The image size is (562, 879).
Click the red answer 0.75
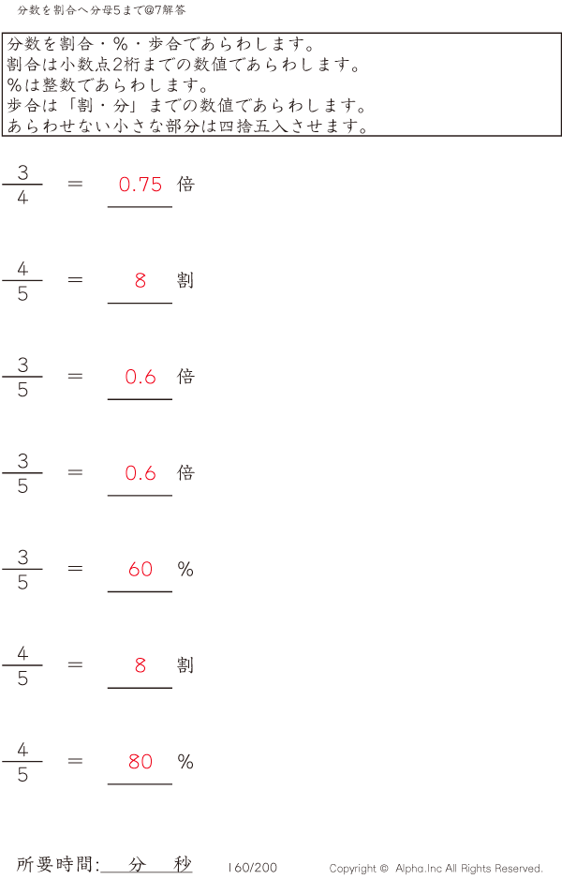(x=140, y=185)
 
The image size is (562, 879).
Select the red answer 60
(x=140, y=569)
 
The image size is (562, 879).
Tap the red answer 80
(x=140, y=761)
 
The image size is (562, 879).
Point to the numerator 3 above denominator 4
(x=22, y=172)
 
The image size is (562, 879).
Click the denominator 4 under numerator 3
(x=22, y=198)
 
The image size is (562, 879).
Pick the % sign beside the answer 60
(x=185, y=569)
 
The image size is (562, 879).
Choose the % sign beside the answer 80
(x=185, y=761)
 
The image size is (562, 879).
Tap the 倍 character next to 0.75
(x=185, y=185)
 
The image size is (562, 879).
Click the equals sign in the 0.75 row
(x=76, y=185)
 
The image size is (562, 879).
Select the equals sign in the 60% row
(x=76, y=569)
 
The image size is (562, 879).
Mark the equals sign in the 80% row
(x=76, y=761)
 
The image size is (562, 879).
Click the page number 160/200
(x=253, y=868)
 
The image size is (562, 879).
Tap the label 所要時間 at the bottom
(x=55, y=865)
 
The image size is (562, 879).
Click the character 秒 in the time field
(x=182, y=865)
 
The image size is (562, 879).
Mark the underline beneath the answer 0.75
(x=140, y=206)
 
